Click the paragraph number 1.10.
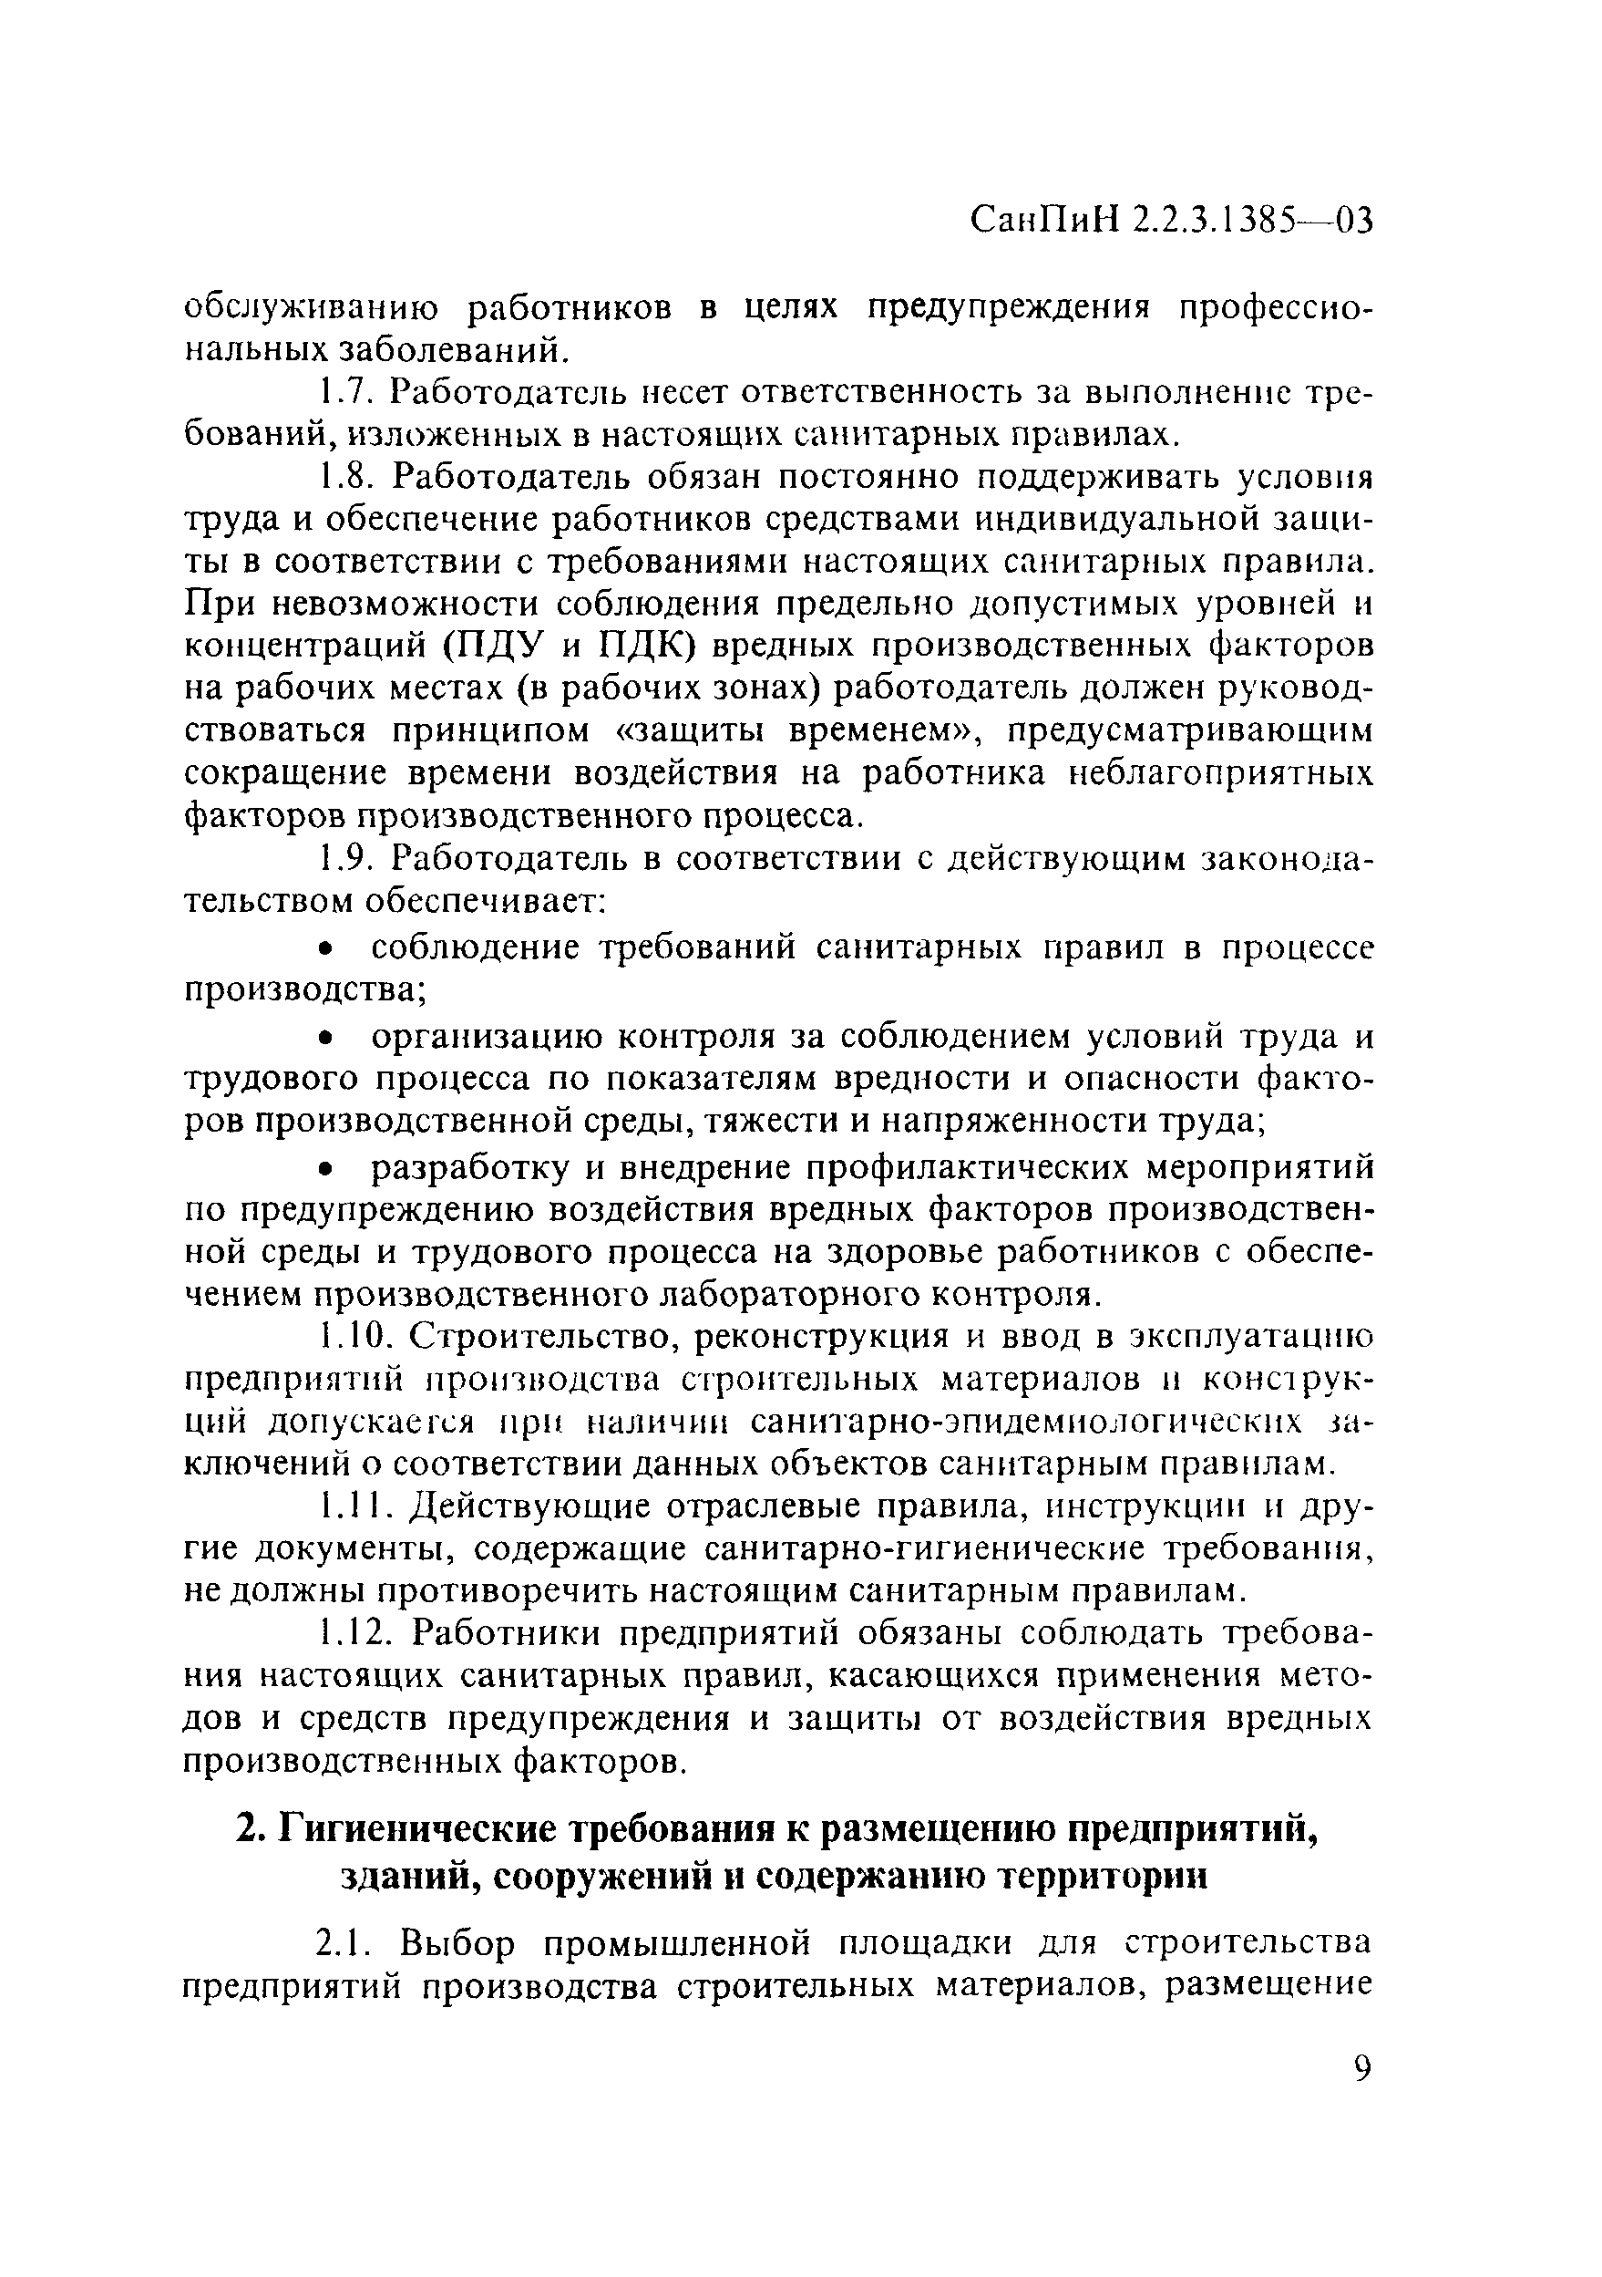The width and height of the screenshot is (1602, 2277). [x=354, y=1338]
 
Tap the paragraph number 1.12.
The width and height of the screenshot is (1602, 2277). [x=354, y=1632]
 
